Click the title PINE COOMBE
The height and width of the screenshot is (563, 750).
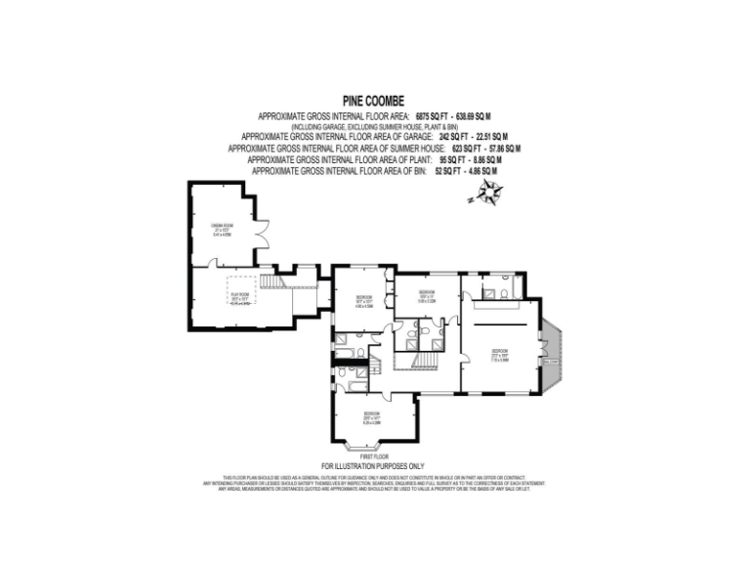[x=375, y=100]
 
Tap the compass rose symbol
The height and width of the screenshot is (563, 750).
[x=487, y=195]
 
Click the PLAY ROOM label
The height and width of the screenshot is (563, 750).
[x=239, y=296]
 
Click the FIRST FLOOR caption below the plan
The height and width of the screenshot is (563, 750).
[x=375, y=455]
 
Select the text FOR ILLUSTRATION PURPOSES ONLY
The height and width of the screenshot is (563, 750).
[x=374, y=465]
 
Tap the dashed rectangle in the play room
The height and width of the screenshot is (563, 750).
[x=240, y=298]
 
